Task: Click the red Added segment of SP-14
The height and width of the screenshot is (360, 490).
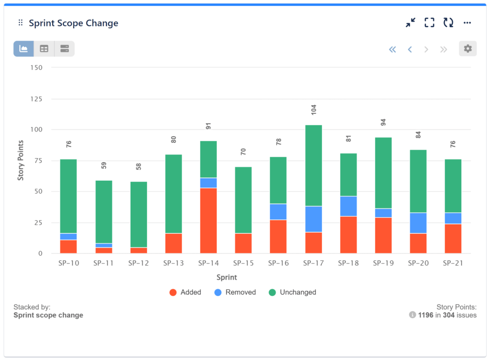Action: (x=208, y=220)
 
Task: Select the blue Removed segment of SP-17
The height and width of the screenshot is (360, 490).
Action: (x=313, y=219)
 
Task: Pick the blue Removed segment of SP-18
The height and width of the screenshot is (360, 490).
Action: (x=348, y=206)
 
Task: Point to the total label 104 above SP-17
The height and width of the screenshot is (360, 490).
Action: (x=314, y=109)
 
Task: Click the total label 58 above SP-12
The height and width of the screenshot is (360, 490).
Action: (x=138, y=166)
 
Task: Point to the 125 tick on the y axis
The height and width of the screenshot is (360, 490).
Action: (x=36, y=99)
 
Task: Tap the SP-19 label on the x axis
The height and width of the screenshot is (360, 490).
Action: (x=383, y=263)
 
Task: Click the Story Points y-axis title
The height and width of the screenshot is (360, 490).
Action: (x=21, y=160)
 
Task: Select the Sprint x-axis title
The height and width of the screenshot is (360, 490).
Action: (x=226, y=277)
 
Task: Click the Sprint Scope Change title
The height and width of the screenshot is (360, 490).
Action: (x=73, y=23)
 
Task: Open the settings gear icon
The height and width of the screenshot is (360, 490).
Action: (x=468, y=49)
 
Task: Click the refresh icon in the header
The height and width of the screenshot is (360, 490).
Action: (x=448, y=22)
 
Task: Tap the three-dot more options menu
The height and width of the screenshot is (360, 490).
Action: (x=468, y=22)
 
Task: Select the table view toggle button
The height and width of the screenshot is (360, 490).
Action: (x=44, y=49)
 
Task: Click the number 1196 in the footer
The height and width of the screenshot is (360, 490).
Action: (x=425, y=315)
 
